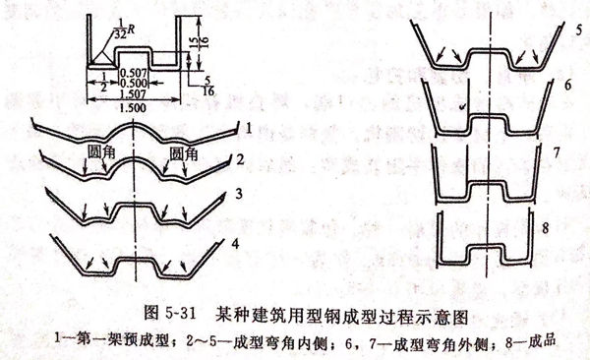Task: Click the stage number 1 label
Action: [x=253, y=128]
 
